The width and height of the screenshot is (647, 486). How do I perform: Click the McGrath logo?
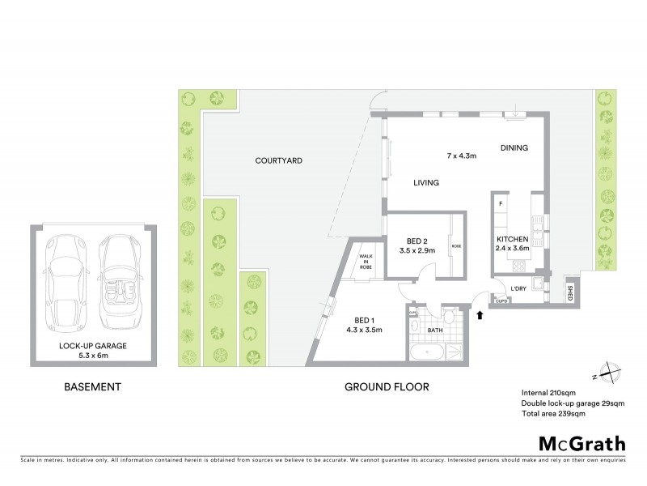[x=581, y=444]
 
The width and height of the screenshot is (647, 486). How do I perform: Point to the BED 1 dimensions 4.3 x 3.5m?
[x=364, y=330]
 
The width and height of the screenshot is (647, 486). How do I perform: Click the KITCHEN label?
[x=513, y=239]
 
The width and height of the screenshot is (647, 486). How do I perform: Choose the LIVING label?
[x=426, y=183]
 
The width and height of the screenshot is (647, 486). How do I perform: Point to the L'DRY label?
[x=518, y=286]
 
